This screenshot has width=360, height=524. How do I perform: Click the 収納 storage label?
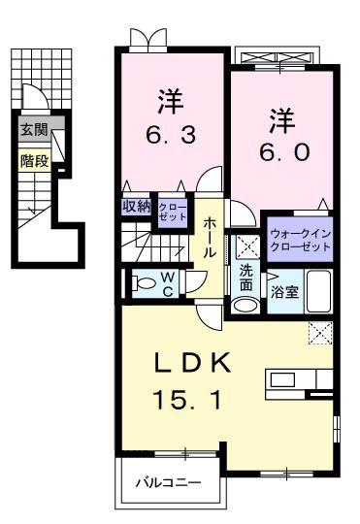pos(136,205)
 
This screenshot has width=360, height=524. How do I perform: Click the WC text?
pos(168,282)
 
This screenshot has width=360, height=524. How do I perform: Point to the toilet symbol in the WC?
pos(143,283)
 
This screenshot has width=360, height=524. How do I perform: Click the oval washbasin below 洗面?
pos(246,305)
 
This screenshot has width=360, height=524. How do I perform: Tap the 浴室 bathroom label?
pos(284,290)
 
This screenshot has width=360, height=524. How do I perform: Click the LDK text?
pos(194,363)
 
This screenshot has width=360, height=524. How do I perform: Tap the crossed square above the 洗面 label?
pos(246,246)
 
